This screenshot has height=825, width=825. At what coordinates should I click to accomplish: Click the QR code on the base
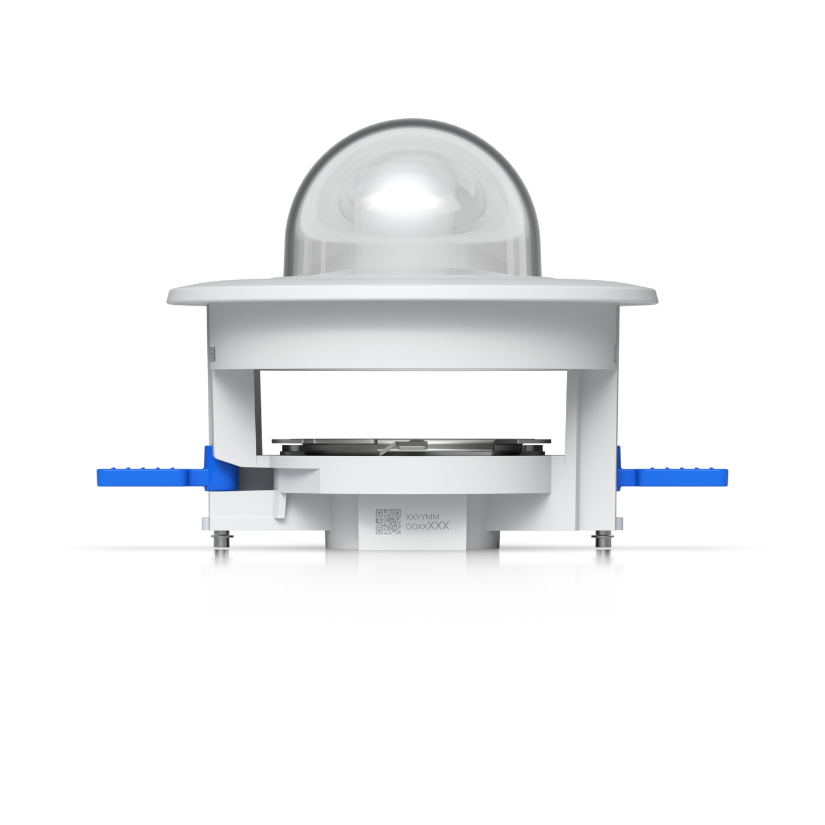388,521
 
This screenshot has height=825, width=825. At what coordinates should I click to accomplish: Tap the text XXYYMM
422,517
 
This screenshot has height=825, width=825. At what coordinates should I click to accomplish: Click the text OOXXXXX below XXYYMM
427,526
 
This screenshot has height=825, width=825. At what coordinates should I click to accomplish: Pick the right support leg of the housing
591,411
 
